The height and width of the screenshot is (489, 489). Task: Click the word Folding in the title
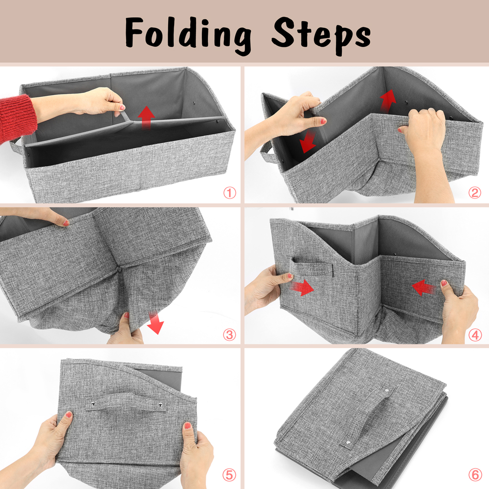[188, 33]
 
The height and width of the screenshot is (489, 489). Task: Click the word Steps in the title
[321, 33]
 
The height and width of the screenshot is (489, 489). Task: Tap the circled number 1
[229, 193]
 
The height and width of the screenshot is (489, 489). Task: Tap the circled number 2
[474, 193]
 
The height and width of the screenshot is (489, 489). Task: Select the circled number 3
[229, 335]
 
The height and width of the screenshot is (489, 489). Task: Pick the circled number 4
[474, 335]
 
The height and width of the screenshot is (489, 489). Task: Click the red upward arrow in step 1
[146, 118]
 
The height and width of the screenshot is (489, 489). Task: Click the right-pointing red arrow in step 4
[303, 288]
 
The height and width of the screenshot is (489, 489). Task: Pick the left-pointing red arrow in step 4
[423, 288]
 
